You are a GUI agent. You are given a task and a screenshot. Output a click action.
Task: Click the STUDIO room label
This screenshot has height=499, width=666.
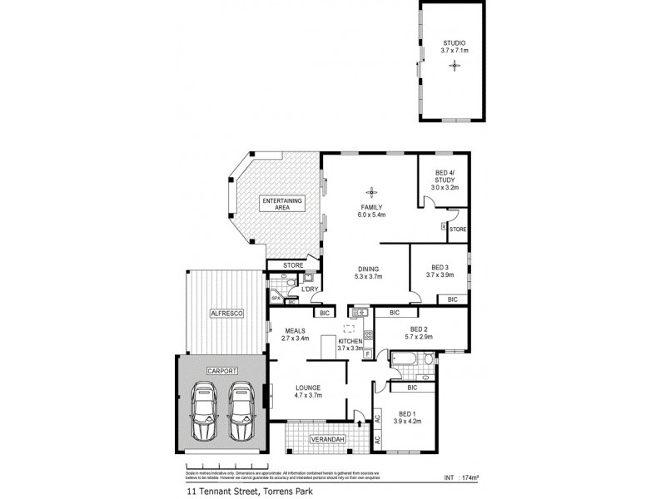454,42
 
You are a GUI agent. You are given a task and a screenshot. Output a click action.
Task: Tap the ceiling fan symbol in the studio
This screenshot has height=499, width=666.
454,65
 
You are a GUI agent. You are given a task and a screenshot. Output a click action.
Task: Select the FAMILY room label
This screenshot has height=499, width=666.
370,207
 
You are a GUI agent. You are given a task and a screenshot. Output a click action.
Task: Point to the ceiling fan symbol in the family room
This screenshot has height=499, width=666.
370,189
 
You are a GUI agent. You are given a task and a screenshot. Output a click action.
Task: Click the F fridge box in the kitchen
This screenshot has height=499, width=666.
367,354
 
